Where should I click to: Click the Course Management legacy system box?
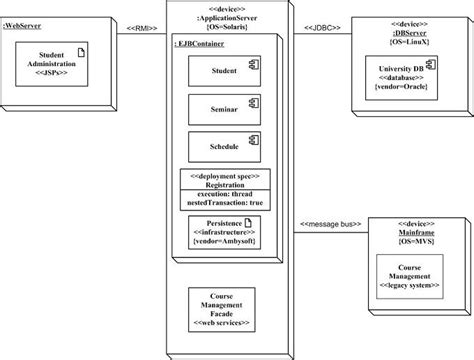[x=409, y=277]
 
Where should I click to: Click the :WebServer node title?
[x=26, y=16]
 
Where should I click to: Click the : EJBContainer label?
[x=198, y=44]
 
